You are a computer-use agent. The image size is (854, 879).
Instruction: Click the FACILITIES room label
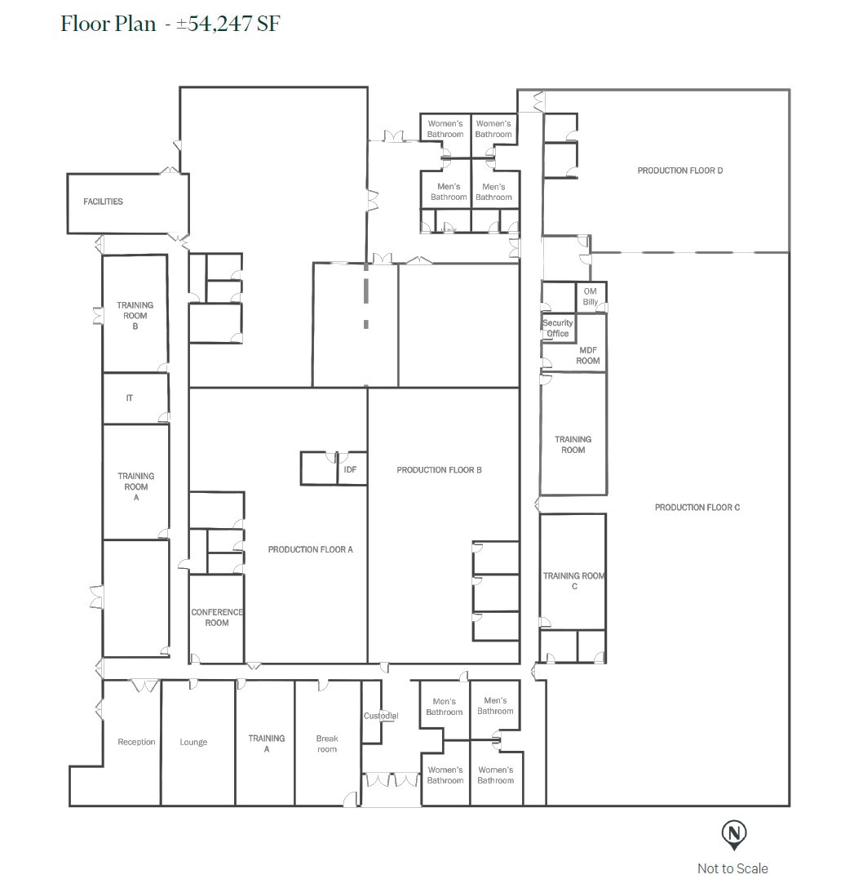coord(103,202)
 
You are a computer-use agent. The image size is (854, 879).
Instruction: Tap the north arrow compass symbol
coord(734,834)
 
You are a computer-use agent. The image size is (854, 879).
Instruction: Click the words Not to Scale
coord(732,868)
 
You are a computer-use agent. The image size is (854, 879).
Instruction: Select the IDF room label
coord(350,469)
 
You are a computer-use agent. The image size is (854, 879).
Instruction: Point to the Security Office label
coord(558,328)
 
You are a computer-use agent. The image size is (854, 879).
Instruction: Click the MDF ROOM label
coord(587,356)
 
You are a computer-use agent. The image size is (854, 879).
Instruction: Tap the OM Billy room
coord(591,297)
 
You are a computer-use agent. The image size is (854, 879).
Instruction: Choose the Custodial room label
coord(380,716)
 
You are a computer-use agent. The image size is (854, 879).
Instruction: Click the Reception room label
coord(136,742)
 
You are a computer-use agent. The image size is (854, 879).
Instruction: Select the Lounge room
coord(193,742)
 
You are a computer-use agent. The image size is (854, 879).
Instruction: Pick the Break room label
coord(327,744)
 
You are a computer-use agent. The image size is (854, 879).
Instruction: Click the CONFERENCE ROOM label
coord(216,618)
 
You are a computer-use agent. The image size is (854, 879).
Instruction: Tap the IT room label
coord(130,398)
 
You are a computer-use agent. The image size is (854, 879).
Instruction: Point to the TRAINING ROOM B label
coord(135,316)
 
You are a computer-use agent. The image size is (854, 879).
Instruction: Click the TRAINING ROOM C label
coord(574,581)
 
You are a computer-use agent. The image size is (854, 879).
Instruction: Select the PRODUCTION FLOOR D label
coord(680,171)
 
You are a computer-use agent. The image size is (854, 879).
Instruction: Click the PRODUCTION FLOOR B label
coord(439,470)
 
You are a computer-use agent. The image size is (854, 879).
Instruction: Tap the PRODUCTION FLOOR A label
coord(310,549)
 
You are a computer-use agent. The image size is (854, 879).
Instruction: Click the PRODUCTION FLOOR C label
coord(697,508)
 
